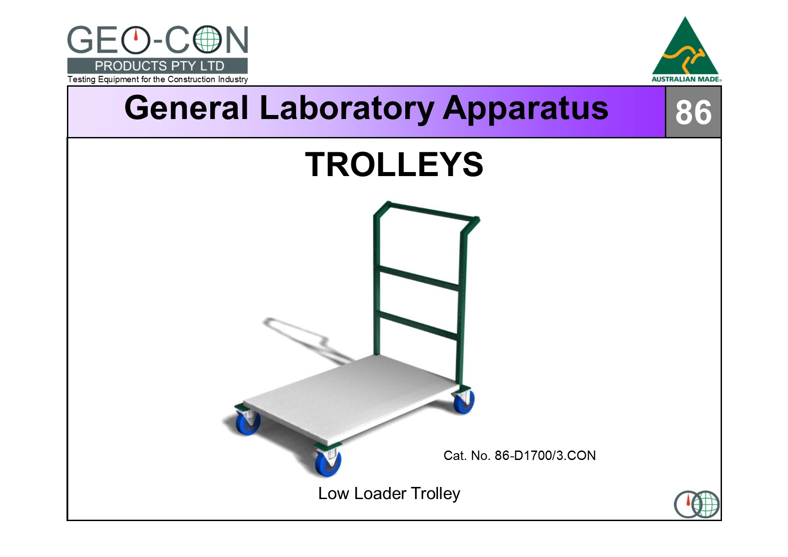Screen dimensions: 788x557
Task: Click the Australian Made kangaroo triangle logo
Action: (686, 49)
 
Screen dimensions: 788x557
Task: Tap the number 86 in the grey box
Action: (693, 112)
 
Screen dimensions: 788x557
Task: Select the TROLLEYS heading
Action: (394, 164)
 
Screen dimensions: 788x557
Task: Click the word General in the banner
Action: (186, 108)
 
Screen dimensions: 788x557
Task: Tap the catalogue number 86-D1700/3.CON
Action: (545, 455)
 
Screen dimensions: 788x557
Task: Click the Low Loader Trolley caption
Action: (389, 493)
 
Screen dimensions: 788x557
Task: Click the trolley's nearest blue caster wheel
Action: (328, 463)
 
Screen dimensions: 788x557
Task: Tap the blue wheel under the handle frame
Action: (464, 402)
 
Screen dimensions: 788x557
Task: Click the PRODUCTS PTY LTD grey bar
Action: (157, 66)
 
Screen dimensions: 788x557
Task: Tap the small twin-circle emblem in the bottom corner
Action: (696, 504)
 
